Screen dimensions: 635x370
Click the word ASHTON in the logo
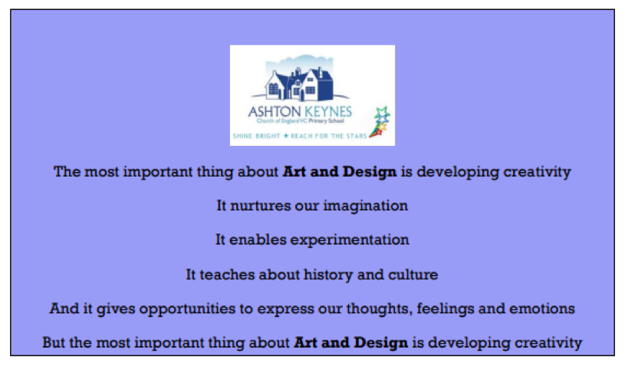point(274,111)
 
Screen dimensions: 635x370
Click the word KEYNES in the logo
point(328,111)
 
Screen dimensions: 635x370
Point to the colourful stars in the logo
point(380,121)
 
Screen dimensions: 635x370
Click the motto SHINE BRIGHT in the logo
point(256,136)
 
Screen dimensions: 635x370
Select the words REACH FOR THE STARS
point(328,136)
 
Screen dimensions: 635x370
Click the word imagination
point(365,206)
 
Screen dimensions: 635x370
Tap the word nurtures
point(260,206)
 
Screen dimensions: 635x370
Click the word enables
point(258,240)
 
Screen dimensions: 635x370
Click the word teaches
point(227,274)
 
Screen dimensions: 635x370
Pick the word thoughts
point(380,309)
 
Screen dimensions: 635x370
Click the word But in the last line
point(54,342)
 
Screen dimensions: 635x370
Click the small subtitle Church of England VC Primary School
point(300,121)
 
